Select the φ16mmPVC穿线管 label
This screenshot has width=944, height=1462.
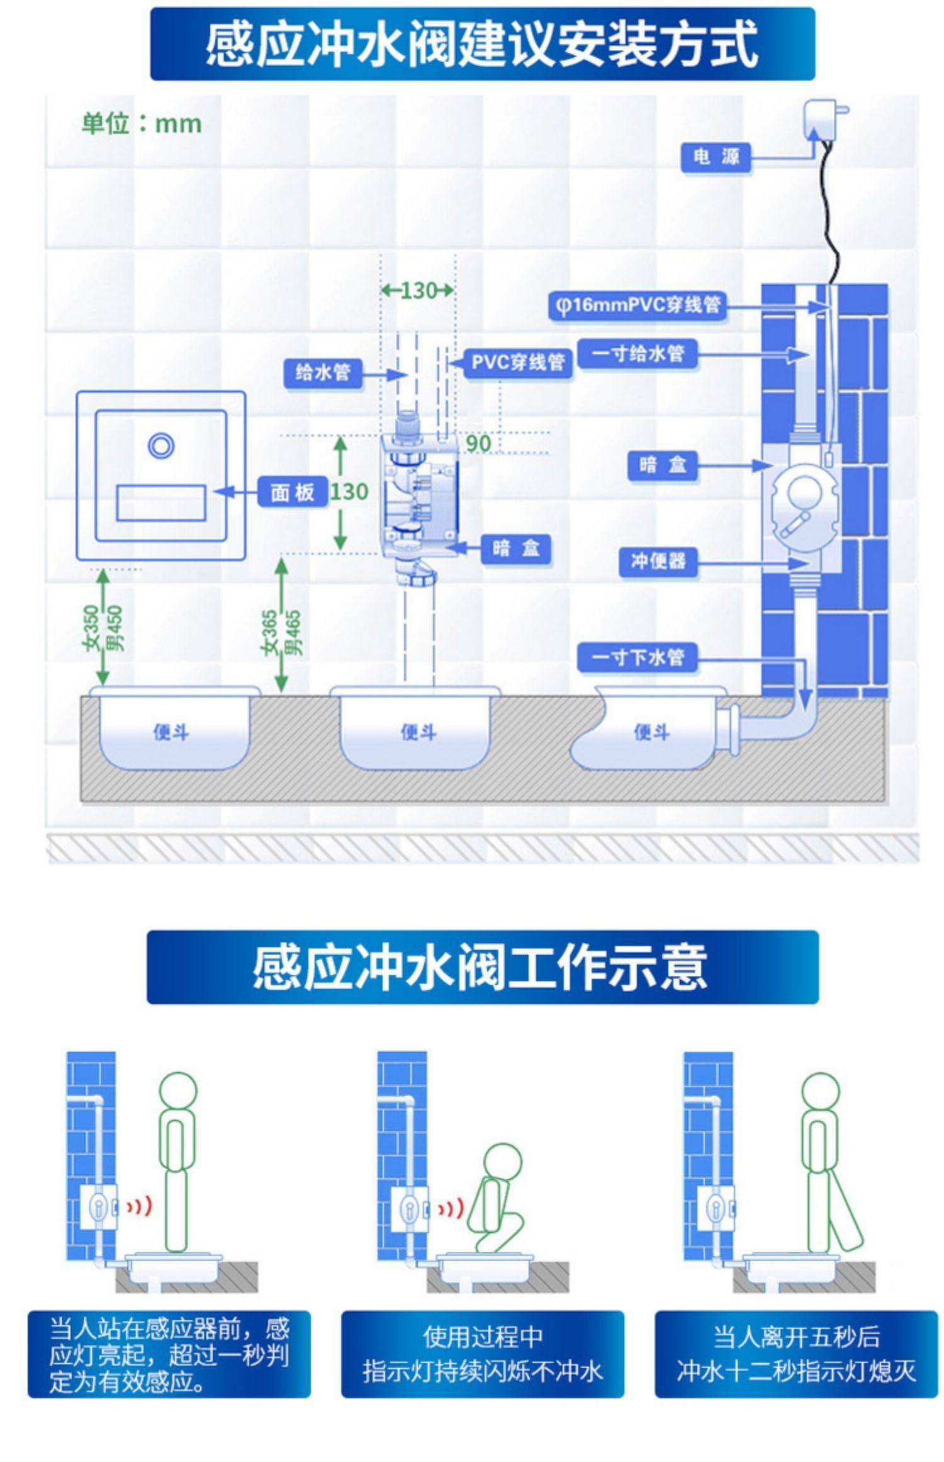(636, 305)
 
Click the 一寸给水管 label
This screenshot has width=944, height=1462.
(638, 353)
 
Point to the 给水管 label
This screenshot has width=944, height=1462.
(323, 372)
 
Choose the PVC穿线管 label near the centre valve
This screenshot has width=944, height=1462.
(518, 362)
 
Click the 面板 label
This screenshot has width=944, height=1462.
(293, 492)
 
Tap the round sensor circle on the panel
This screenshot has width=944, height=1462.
(161, 446)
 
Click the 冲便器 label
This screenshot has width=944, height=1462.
(658, 560)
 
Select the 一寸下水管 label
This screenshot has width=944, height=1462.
(638, 657)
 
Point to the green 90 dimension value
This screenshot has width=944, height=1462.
(478, 443)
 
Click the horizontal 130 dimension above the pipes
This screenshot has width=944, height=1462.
(418, 290)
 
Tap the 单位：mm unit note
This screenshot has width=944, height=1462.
(142, 123)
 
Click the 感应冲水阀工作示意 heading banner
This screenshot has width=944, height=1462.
(482, 966)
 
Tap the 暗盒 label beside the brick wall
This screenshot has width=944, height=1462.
(663, 465)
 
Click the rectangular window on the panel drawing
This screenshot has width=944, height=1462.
(161, 502)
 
